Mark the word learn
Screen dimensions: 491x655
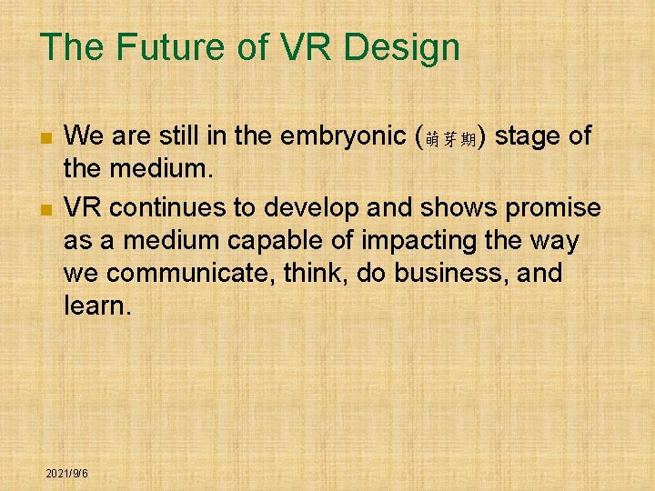point(96,306)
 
